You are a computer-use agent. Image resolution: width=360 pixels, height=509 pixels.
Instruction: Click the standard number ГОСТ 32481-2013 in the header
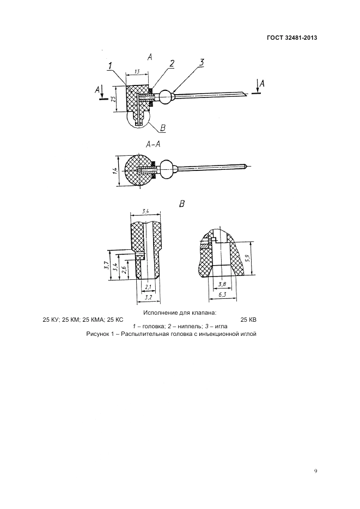pyautogui.click(x=292, y=38)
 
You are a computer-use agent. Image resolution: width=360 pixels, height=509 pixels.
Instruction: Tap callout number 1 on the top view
pyautogui.click(x=111, y=66)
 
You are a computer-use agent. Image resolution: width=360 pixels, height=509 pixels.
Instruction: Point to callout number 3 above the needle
pyautogui.click(x=202, y=63)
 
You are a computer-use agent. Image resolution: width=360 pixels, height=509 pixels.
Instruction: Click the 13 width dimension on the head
pyautogui.click(x=136, y=71)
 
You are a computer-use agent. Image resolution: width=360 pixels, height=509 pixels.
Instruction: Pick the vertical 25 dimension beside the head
pyautogui.click(x=113, y=99)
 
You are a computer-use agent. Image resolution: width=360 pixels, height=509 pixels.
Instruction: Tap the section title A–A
pyautogui.click(x=154, y=144)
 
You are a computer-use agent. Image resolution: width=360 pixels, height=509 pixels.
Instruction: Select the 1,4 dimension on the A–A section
pyautogui.click(x=115, y=171)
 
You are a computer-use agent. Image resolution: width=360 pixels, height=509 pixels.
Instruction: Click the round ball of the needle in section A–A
pyautogui.click(x=169, y=168)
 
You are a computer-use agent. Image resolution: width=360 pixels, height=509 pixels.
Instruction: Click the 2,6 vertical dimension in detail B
pyautogui.click(x=125, y=271)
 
